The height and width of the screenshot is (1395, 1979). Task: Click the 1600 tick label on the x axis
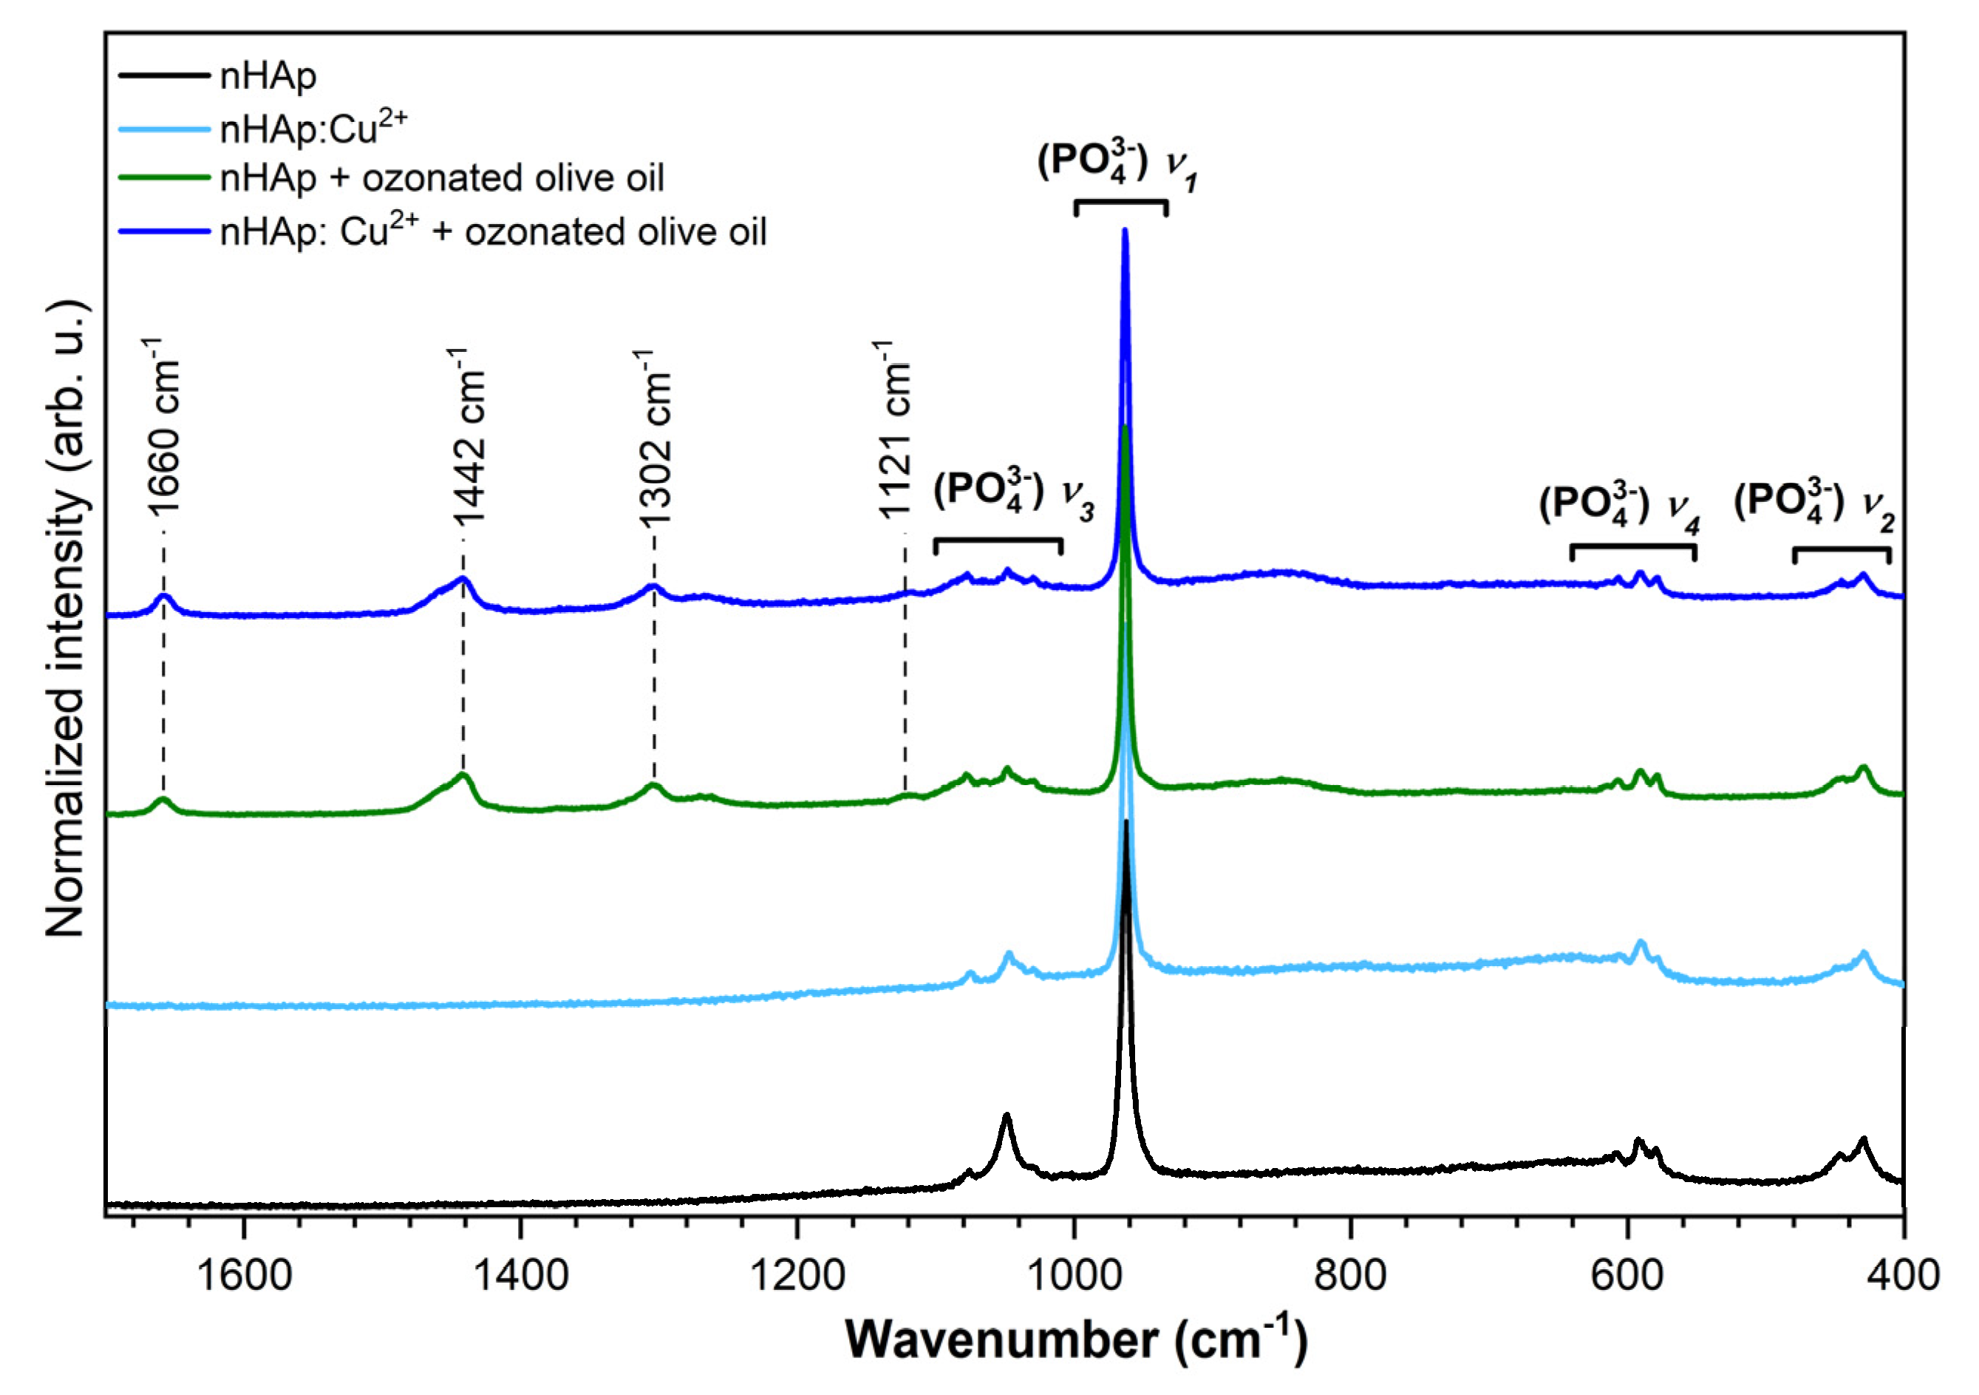(x=245, y=1275)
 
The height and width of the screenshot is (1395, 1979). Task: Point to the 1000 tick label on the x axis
(x=1074, y=1275)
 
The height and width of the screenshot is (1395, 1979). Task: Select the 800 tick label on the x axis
(x=1351, y=1275)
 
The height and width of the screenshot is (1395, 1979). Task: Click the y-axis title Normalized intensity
(x=67, y=618)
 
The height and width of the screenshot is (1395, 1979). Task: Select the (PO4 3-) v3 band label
(x=1012, y=495)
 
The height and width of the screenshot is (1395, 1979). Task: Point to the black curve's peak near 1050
(x=1005, y=1116)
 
